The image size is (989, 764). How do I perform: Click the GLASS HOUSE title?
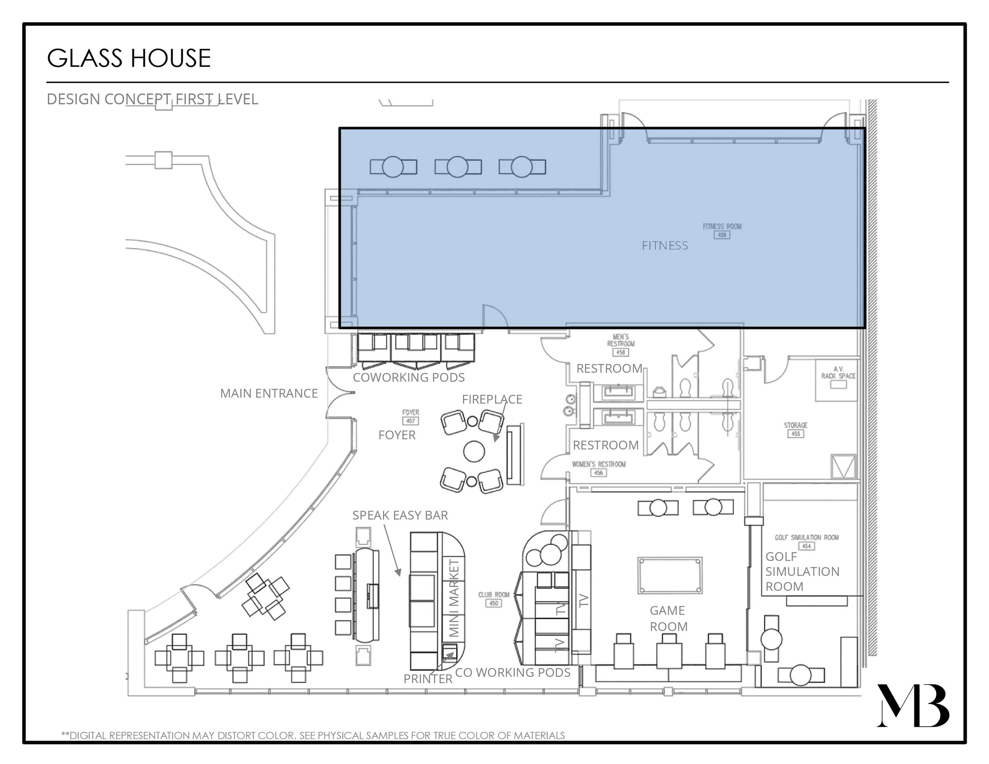129,59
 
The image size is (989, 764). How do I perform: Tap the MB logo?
913,705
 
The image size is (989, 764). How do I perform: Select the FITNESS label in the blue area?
664,246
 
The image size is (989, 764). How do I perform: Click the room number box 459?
722,235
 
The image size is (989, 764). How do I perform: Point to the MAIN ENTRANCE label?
269,393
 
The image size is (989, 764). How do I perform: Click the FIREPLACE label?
492,399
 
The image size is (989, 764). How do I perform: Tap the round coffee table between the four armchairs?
474,451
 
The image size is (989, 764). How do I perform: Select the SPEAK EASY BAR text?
400,515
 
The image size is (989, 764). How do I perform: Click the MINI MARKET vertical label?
454,598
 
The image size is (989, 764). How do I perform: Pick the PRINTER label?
428,679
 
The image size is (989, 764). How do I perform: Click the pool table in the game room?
670,575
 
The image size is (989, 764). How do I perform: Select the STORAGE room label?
796,425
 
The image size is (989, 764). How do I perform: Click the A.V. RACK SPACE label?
838,373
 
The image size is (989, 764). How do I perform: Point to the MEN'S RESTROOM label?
620,340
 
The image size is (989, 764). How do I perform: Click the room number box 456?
598,473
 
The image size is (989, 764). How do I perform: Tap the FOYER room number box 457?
410,421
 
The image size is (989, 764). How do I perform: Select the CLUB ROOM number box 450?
494,603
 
